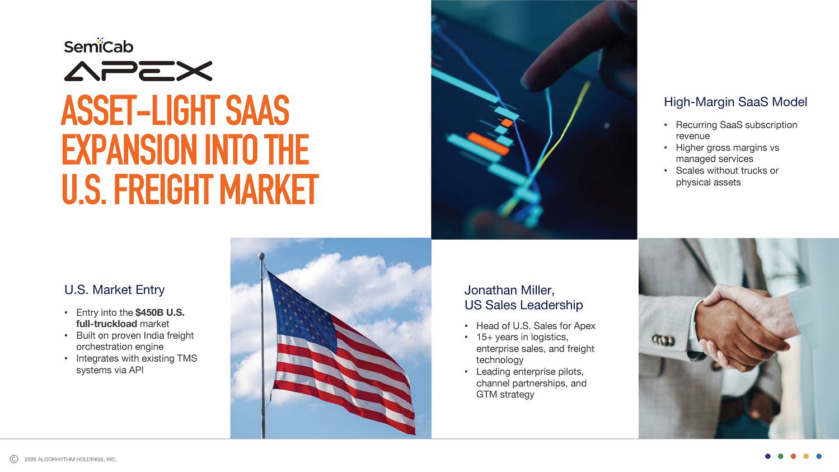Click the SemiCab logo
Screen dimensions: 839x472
tap(99, 45)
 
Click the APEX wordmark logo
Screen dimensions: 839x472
tap(138, 71)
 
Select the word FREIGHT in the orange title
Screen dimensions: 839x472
tap(163, 190)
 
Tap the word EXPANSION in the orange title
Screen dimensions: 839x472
tap(129, 149)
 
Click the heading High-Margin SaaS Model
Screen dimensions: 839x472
tap(735, 102)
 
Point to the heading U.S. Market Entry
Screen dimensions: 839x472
tap(115, 289)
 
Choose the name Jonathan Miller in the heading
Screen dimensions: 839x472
tap(509, 291)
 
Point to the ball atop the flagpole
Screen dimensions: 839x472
tap(261, 256)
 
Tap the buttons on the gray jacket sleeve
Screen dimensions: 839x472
tap(663, 340)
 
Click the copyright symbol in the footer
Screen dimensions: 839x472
tap(14, 459)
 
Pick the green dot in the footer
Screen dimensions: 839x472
tap(781, 456)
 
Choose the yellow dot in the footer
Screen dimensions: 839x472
tap(806, 456)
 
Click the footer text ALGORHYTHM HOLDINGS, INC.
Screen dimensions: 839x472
tap(78, 459)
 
